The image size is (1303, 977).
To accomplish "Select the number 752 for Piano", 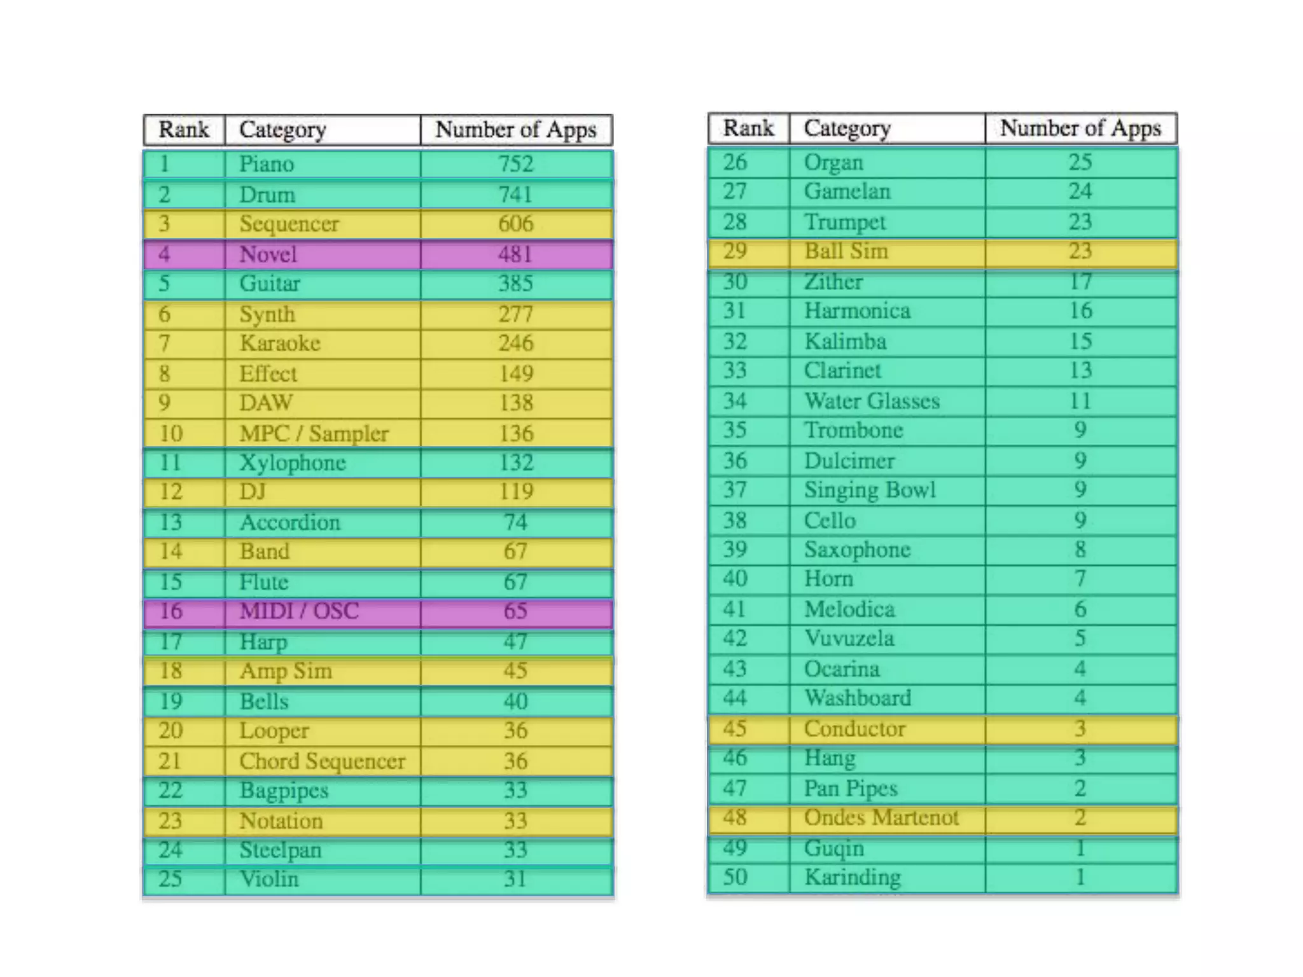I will click(x=515, y=164).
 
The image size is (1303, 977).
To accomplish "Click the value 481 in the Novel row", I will click(x=515, y=254).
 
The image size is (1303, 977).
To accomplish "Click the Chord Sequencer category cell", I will click(x=322, y=761).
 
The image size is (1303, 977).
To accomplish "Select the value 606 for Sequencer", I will click(x=515, y=224).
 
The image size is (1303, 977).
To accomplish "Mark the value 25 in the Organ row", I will click(x=1080, y=162).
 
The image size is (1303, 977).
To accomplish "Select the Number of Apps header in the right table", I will click(x=1080, y=128).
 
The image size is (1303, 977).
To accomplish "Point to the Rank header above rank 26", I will click(x=748, y=128).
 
